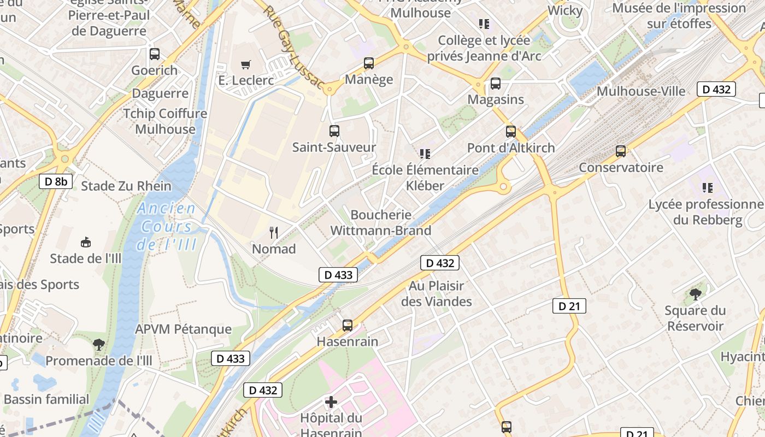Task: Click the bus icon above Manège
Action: [x=369, y=63]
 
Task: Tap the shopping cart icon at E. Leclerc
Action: [x=245, y=64]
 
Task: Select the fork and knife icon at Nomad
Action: [x=274, y=233]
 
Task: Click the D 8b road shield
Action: [x=56, y=181]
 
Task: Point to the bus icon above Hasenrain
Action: [x=348, y=326]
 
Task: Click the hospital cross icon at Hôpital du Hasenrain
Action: [x=331, y=403]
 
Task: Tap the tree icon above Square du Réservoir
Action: [x=695, y=294]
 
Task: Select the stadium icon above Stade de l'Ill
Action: [x=86, y=242]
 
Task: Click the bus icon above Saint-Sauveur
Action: [x=334, y=131]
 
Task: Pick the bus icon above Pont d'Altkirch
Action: [x=511, y=132]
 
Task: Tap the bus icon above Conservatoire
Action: [x=621, y=151]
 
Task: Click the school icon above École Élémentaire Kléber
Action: [x=425, y=154]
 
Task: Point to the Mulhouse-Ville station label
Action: [x=640, y=91]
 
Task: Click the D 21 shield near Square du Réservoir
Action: [x=569, y=306]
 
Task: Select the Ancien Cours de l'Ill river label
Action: [x=167, y=226]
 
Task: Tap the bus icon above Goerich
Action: [x=155, y=54]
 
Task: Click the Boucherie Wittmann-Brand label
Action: [x=381, y=223]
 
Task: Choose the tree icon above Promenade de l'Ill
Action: [x=99, y=345]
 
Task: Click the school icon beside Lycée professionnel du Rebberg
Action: [x=708, y=188]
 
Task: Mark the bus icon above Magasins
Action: [x=496, y=84]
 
